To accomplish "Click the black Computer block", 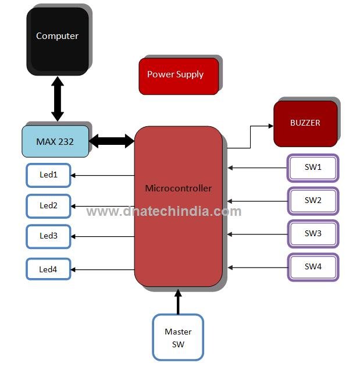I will point(57,40).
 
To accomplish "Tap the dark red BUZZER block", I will point(305,123).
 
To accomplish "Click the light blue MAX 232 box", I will point(55,141).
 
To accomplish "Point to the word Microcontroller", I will point(178,188).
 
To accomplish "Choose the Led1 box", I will point(48,175).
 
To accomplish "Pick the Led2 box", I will point(48,205).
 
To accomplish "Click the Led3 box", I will point(48,236).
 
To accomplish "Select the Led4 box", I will point(48,269).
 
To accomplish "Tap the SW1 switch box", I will point(313,168).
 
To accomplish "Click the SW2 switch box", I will point(313,201).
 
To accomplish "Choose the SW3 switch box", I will point(313,234).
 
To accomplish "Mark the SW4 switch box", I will point(313,267).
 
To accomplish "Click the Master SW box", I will point(178,337).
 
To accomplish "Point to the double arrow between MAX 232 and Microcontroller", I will point(112,141).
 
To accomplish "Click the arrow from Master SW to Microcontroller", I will point(178,302).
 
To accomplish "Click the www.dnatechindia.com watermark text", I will point(163,211).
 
